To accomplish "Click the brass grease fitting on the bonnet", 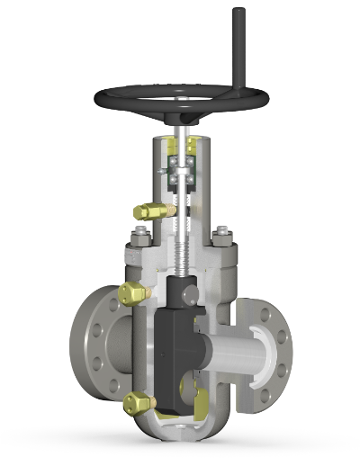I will click(x=153, y=211).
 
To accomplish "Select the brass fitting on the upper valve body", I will click(x=133, y=292).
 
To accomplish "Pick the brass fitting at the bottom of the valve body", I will click(x=139, y=403).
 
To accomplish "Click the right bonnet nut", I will click(x=222, y=237).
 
